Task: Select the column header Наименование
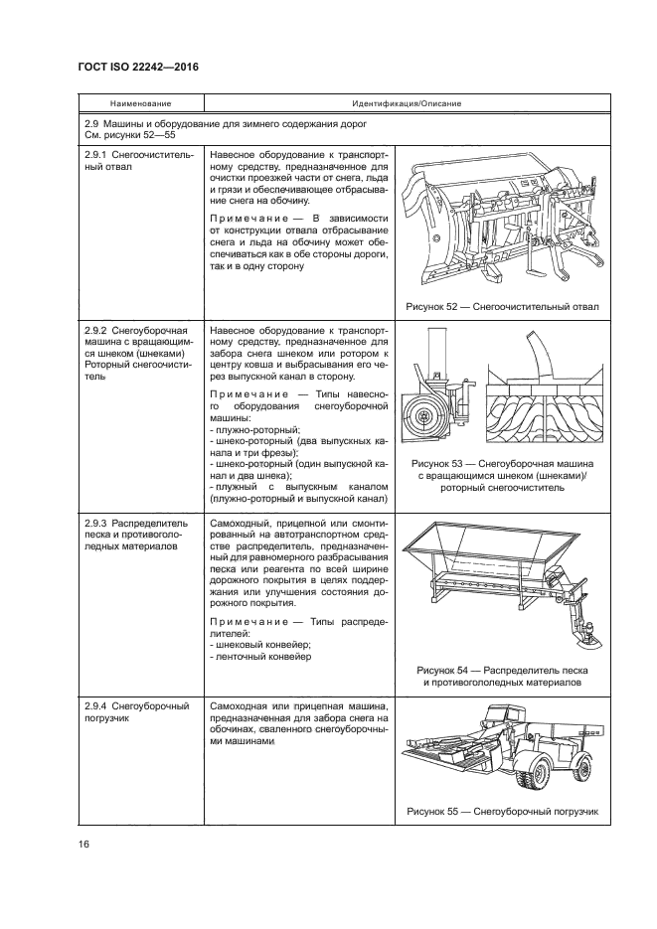pos(140,103)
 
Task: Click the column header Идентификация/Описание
pos(405,103)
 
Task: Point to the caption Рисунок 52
pos(503,307)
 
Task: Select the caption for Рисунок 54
pos(503,676)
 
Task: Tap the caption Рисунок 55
pos(503,811)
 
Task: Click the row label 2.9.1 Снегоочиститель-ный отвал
pos(130,162)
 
